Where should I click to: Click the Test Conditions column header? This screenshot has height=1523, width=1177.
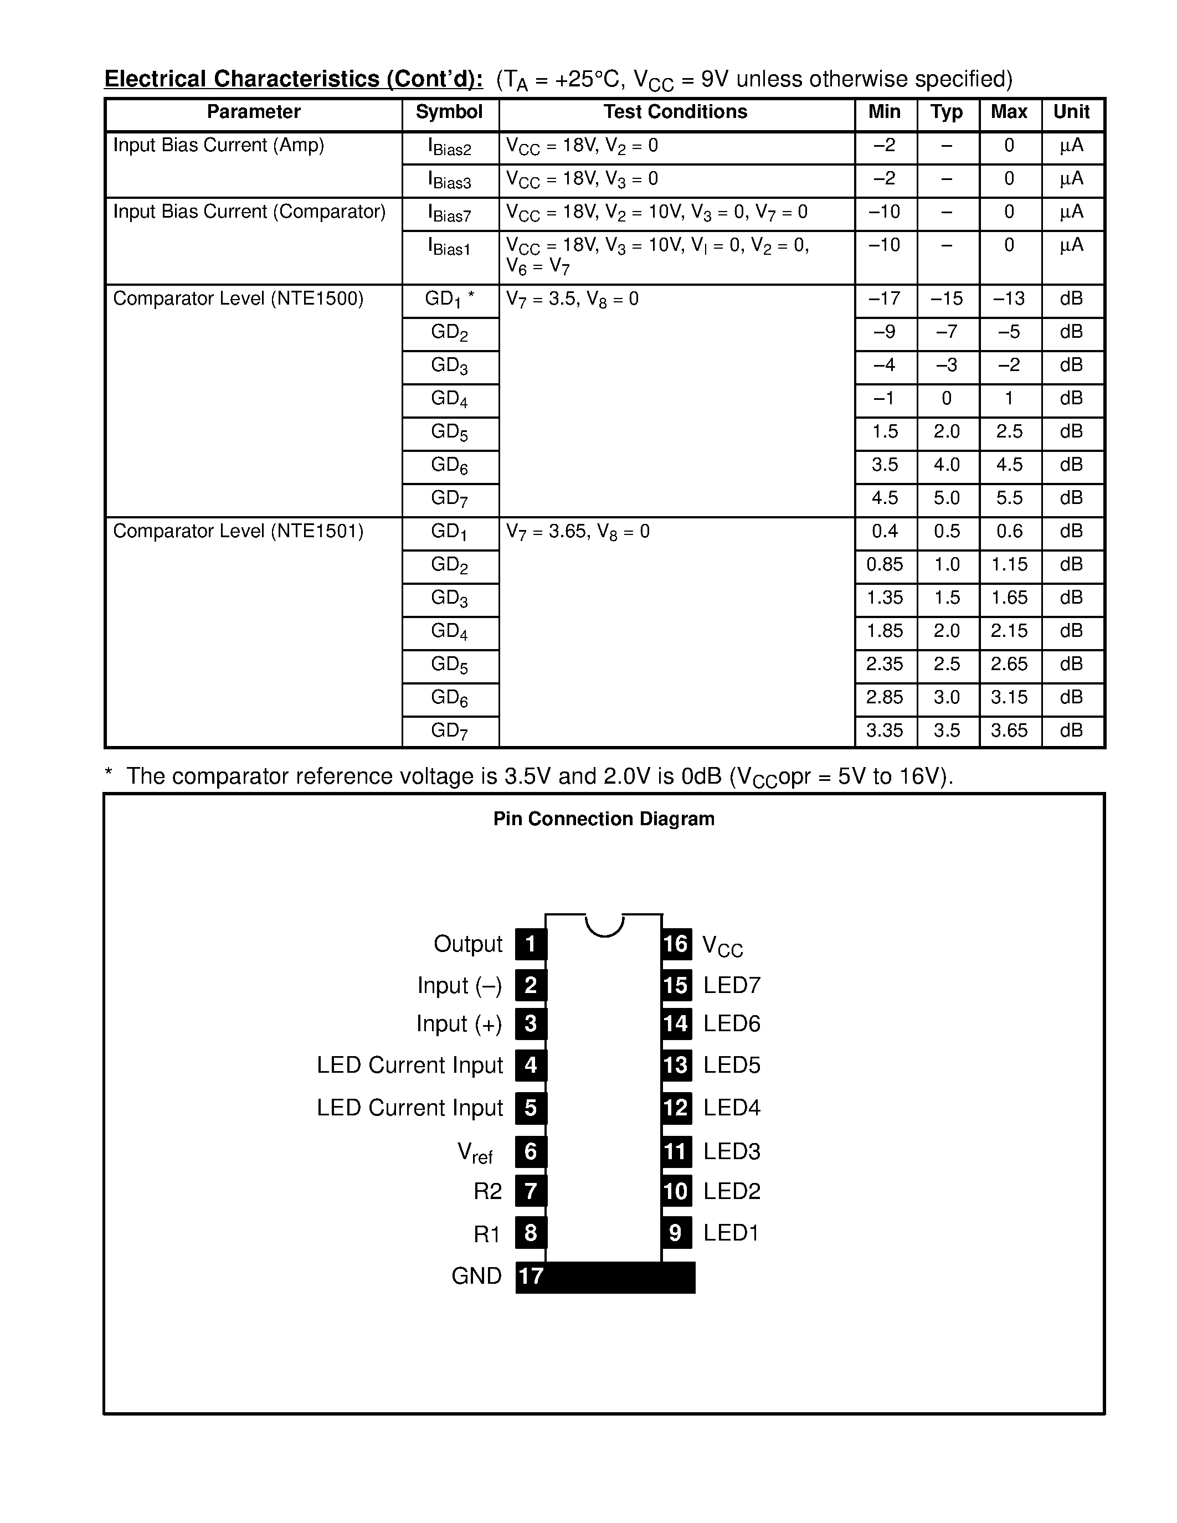coord(675,112)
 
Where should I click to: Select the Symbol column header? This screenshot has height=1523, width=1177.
coord(449,112)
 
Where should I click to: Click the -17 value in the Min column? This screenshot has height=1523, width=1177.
coord(884,299)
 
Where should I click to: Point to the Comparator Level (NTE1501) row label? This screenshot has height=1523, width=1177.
coord(239,531)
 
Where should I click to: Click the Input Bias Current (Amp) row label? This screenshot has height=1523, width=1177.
coord(218,145)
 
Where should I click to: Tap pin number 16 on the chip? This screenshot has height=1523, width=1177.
coord(676,944)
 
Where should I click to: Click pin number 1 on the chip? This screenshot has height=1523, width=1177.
coord(531,944)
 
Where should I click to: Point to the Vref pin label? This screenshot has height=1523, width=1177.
coord(475,1152)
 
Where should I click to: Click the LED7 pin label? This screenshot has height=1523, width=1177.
coord(732,985)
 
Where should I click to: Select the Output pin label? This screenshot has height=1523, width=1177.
coord(468,944)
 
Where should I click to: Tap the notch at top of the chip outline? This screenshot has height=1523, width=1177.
coord(604,924)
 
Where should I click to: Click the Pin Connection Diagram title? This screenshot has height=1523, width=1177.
coord(604,819)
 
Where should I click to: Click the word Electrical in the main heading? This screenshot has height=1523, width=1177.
coord(156,79)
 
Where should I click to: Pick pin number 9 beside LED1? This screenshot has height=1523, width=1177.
coord(676,1233)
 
